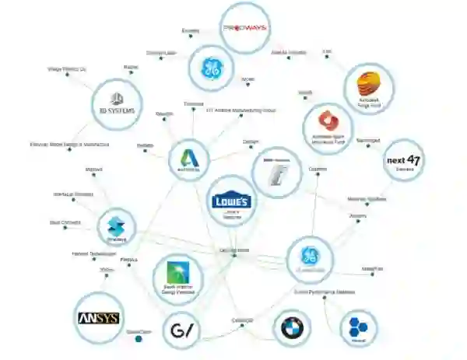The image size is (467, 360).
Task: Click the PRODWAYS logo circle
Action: coord(245,28)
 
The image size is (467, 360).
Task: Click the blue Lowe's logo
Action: coord(231,201)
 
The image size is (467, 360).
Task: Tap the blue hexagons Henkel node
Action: coord(357,329)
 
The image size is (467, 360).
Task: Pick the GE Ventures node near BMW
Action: coord(308,257)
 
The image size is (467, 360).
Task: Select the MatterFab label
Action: coord(372,269)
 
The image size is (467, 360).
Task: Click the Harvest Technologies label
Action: coord(89,253)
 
